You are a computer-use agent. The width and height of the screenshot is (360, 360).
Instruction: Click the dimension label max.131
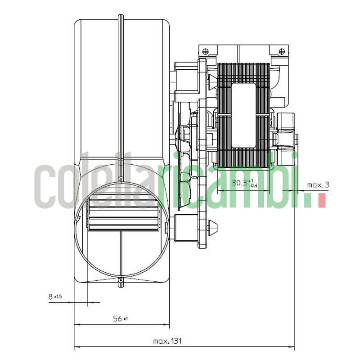click(167, 341)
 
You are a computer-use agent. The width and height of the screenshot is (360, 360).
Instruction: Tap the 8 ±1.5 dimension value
click(54, 297)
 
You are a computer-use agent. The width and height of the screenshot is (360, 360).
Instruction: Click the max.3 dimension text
click(318, 184)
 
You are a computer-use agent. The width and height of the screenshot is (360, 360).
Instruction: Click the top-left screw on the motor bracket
click(205, 51)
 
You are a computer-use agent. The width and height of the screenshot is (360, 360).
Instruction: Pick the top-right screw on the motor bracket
click(281, 51)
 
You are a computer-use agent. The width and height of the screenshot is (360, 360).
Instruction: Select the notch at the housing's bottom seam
click(120, 283)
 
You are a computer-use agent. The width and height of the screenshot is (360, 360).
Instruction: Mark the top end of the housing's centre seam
click(120, 17)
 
